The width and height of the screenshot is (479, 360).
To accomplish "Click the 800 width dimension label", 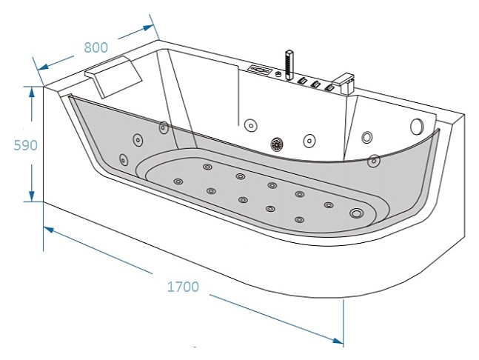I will pyautogui.click(x=96, y=47).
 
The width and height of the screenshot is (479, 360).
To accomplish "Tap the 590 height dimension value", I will pyautogui.click(x=26, y=144).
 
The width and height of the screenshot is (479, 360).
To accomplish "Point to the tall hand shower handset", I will pyautogui.click(x=289, y=62).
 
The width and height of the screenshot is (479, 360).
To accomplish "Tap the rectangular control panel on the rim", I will pyautogui.click(x=261, y=70).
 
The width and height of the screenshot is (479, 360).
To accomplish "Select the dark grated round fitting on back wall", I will pyautogui.click(x=278, y=144).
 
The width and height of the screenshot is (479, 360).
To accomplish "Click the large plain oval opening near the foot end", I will pyautogui.click(x=416, y=127).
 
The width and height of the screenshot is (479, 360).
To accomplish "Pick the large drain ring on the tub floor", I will pyautogui.click(x=358, y=214).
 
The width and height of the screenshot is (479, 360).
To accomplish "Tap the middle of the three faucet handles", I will pyautogui.click(x=315, y=84).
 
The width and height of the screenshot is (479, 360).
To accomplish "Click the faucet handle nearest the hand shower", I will pyautogui.click(x=302, y=80).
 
